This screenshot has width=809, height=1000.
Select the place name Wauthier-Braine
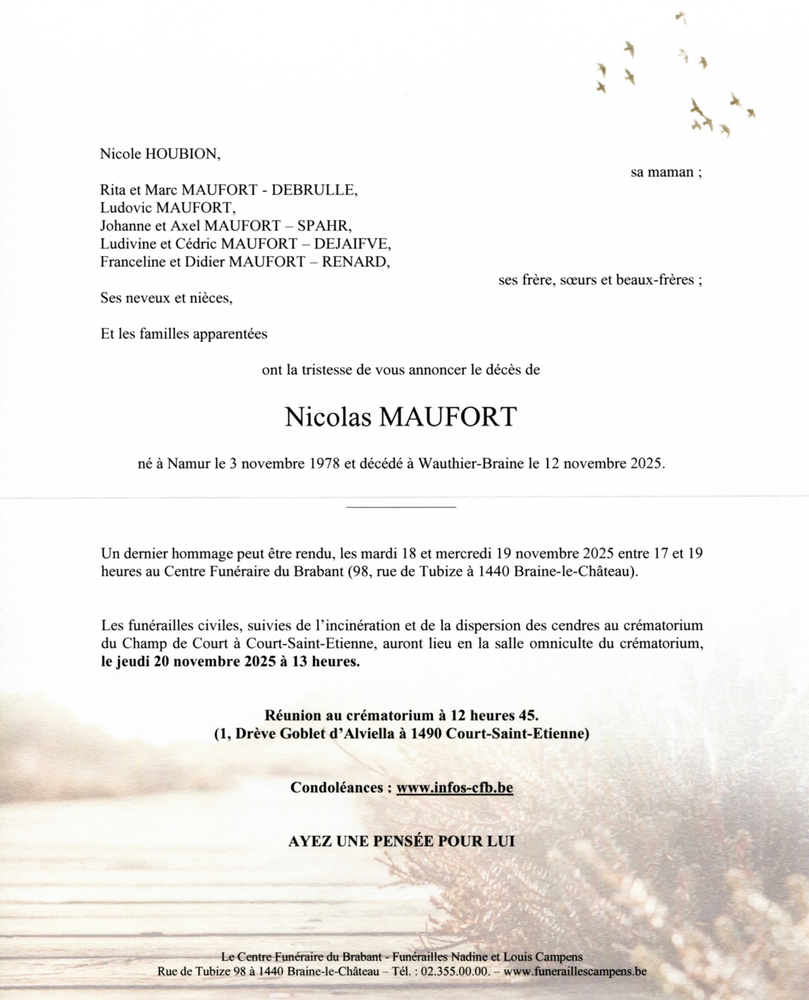pyautogui.click(x=471, y=464)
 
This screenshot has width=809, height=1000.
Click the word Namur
pyautogui.click(x=189, y=464)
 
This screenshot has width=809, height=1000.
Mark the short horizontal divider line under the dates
pyautogui.click(x=401, y=506)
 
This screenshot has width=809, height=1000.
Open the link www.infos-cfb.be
pyautogui.click(x=455, y=788)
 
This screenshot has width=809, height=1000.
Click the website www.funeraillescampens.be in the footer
pyautogui.click(x=575, y=972)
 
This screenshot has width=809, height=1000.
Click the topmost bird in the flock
pyautogui.click(x=681, y=17)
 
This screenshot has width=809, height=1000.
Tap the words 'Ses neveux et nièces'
pyautogui.click(x=166, y=297)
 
